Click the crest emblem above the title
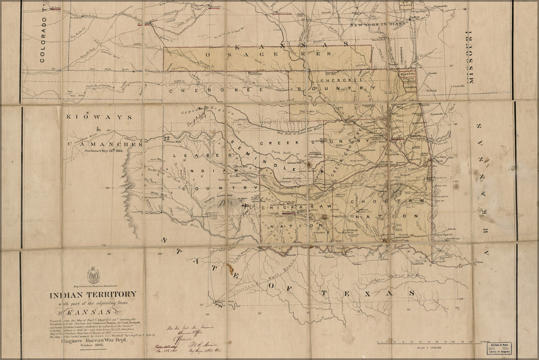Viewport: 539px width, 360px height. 94,275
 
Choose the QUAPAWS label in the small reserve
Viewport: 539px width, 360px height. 407,74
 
